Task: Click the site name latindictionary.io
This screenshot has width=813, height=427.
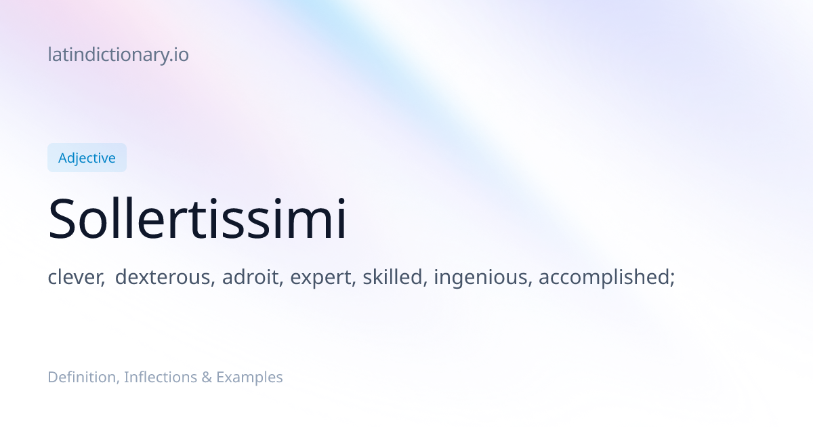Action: (x=119, y=55)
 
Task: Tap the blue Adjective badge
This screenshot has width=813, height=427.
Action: (x=87, y=157)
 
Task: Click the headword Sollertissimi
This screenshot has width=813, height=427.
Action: (x=197, y=218)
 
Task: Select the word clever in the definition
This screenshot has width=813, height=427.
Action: (x=76, y=277)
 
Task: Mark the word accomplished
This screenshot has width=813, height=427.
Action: (x=604, y=277)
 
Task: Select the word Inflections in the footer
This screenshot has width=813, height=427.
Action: (x=161, y=378)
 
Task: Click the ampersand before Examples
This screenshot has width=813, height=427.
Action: (x=207, y=378)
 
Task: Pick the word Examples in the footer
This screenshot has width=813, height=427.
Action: (x=249, y=378)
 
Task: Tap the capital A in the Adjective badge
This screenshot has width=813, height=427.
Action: (x=64, y=158)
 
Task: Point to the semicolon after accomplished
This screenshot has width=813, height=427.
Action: (x=673, y=279)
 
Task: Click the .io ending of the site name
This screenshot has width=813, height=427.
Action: (x=179, y=55)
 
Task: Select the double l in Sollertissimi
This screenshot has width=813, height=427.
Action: (x=123, y=218)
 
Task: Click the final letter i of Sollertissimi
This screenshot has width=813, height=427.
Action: (x=341, y=218)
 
